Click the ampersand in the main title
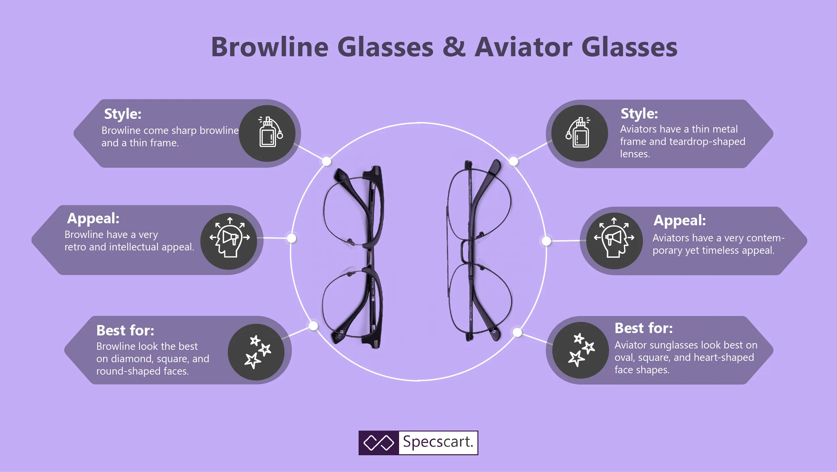(454, 47)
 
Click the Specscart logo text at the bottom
(438, 442)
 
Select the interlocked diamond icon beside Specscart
(379, 443)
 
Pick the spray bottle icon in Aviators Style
(578, 132)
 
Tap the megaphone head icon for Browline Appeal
(230, 237)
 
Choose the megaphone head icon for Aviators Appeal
(614, 237)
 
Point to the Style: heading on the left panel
(123, 114)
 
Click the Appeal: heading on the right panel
(680, 221)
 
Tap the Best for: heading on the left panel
(125, 330)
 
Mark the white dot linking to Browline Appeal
(292, 238)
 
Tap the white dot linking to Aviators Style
(513, 162)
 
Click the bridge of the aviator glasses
(465, 251)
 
